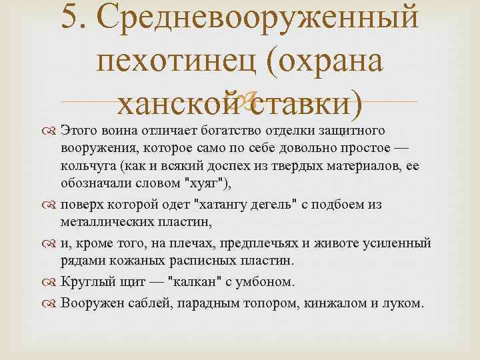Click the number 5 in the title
70,18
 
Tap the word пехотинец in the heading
177,62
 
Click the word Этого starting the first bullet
79,129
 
